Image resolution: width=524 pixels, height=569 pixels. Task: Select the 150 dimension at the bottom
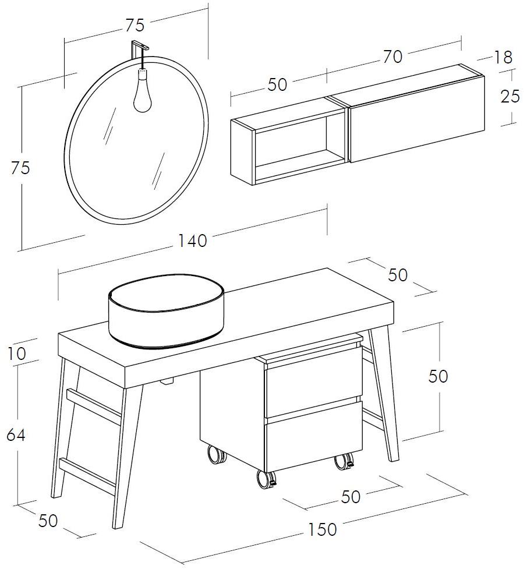[x=322, y=529]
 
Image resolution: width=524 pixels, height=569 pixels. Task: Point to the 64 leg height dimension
[x=16, y=434]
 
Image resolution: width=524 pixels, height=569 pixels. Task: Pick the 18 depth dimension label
[x=503, y=57]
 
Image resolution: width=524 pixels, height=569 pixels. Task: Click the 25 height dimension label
[x=510, y=97]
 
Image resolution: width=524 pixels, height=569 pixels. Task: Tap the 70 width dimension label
[x=392, y=57]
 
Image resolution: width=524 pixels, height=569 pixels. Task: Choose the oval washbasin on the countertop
[x=166, y=311]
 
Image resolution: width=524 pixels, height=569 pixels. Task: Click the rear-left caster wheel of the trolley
[x=216, y=455]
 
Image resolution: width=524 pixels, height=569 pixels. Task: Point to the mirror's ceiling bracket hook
[x=140, y=47]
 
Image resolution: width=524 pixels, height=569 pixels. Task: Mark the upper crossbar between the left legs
[x=94, y=406]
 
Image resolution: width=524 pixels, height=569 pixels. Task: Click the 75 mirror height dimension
[x=20, y=168]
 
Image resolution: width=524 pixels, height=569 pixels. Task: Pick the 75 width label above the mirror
[x=135, y=25]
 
